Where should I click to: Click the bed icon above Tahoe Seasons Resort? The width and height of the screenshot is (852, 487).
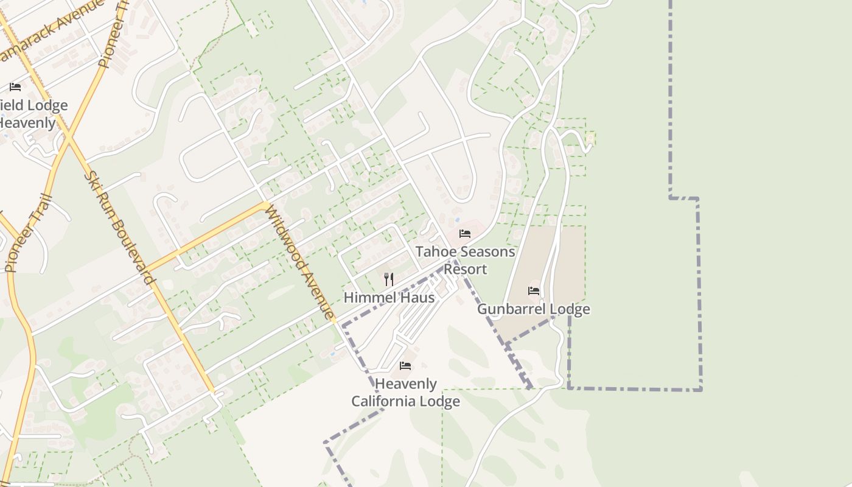(465, 234)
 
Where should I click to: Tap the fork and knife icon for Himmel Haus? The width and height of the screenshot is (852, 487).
(388, 279)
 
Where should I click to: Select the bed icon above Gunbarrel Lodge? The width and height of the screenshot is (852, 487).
(534, 291)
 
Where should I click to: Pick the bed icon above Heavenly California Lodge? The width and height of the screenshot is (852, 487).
(405, 366)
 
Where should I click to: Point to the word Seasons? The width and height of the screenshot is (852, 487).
(486, 251)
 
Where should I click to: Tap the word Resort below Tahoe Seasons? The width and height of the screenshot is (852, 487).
(465, 269)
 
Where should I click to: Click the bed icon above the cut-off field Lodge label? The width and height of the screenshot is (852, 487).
(15, 87)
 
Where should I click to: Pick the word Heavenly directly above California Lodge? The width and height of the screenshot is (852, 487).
(406, 384)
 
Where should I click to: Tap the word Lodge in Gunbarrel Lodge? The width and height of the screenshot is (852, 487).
(570, 309)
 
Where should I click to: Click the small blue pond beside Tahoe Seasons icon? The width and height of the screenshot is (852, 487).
(457, 220)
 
